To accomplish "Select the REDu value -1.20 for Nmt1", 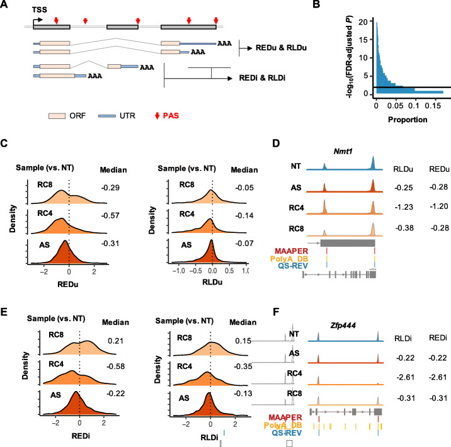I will click(433, 210).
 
